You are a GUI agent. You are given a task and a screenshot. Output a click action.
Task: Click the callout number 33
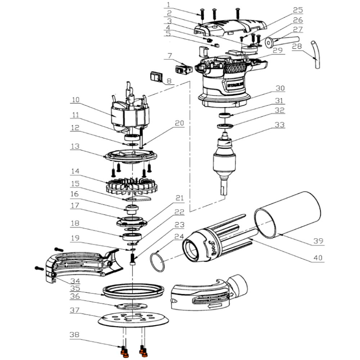279,125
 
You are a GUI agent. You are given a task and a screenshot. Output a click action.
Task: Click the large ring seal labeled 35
134,290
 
